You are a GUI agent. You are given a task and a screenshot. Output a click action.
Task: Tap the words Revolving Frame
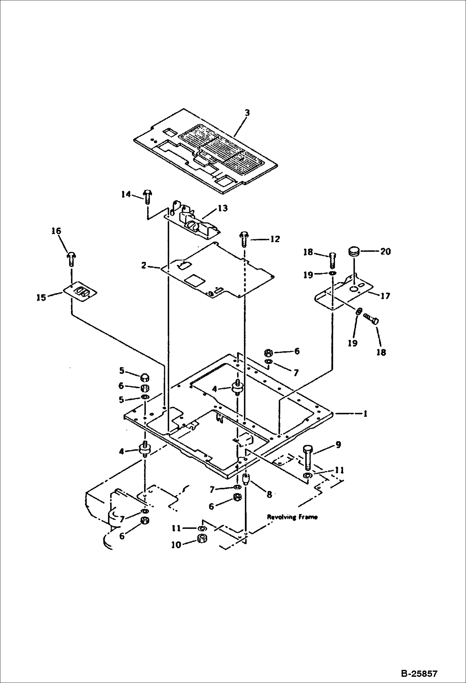(x=292, y=517)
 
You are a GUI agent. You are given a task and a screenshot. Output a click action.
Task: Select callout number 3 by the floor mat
(x=247, y=113)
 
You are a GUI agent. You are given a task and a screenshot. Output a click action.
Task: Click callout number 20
(x=385, y=251)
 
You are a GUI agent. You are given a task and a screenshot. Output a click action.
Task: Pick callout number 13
(x=223, y=208)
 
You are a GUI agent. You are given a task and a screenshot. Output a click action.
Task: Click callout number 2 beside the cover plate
(x=144, y=266)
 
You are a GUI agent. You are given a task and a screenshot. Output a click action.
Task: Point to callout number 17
(x=385, y=295)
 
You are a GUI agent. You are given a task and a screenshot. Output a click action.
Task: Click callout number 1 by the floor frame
(x=365, y=414)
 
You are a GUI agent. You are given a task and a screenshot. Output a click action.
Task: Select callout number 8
(x=269, y=494)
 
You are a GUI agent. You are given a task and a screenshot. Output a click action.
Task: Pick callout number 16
(x=56, y=231)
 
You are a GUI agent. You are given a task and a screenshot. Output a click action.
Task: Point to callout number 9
(x=338, y=445)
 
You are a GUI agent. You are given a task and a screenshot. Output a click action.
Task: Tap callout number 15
(x=41, y=297)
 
